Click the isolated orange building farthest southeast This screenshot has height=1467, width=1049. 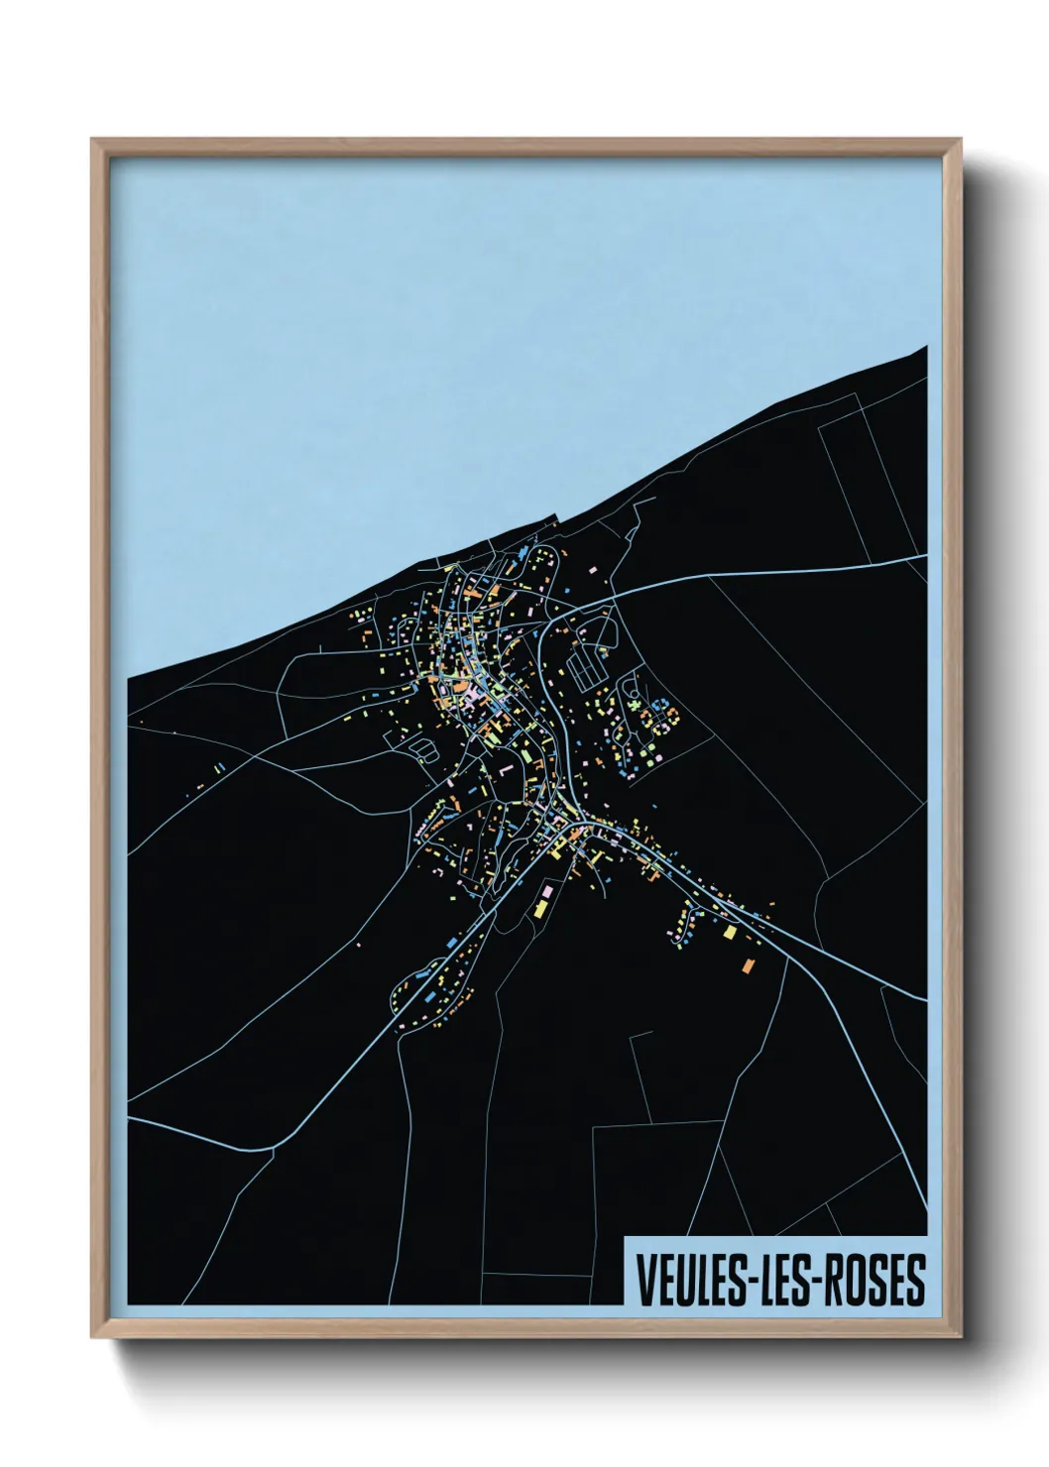coord(749,964)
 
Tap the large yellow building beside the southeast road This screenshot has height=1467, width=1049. coord(730,932)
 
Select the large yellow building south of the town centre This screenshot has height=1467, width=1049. coord(541,907)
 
